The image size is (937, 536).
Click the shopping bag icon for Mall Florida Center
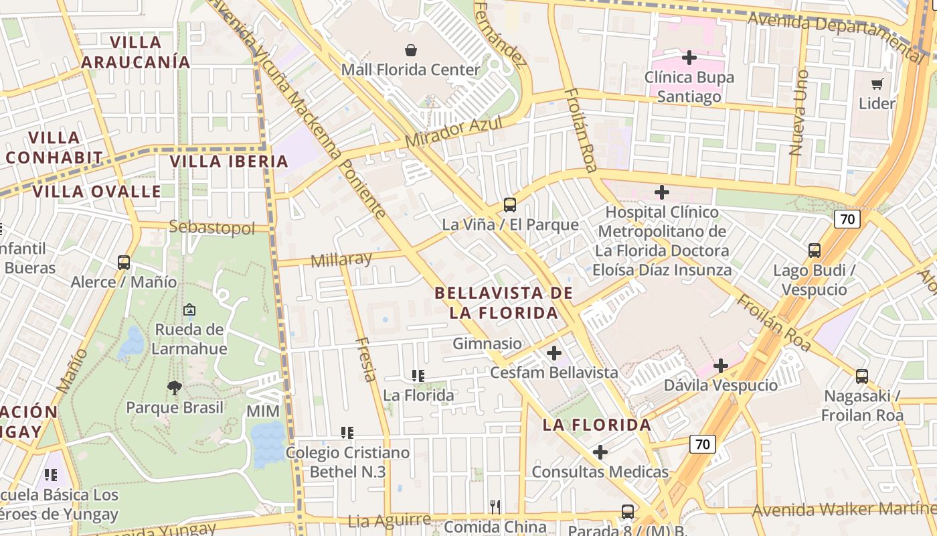point(411,50)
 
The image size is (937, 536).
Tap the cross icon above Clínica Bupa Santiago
point(689,58)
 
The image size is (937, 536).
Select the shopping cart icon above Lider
point(877,84)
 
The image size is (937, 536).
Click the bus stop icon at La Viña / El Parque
point(510,205)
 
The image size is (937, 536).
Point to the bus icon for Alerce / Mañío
point(124,263)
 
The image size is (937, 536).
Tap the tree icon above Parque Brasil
point(175,387)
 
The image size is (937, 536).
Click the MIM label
point(263,410)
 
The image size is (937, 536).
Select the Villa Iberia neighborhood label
point(229,161)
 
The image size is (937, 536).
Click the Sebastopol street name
point(212,228)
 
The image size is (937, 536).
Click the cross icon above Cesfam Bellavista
point(554,352)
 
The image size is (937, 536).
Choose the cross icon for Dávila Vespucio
point(721,366)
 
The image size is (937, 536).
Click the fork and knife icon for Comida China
point(495,507)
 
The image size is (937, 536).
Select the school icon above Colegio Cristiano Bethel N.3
point(347,433)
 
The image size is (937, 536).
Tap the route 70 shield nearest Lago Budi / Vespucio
point(847,218)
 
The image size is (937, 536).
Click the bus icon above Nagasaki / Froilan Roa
point(862,377)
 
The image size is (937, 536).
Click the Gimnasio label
point(487,344)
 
